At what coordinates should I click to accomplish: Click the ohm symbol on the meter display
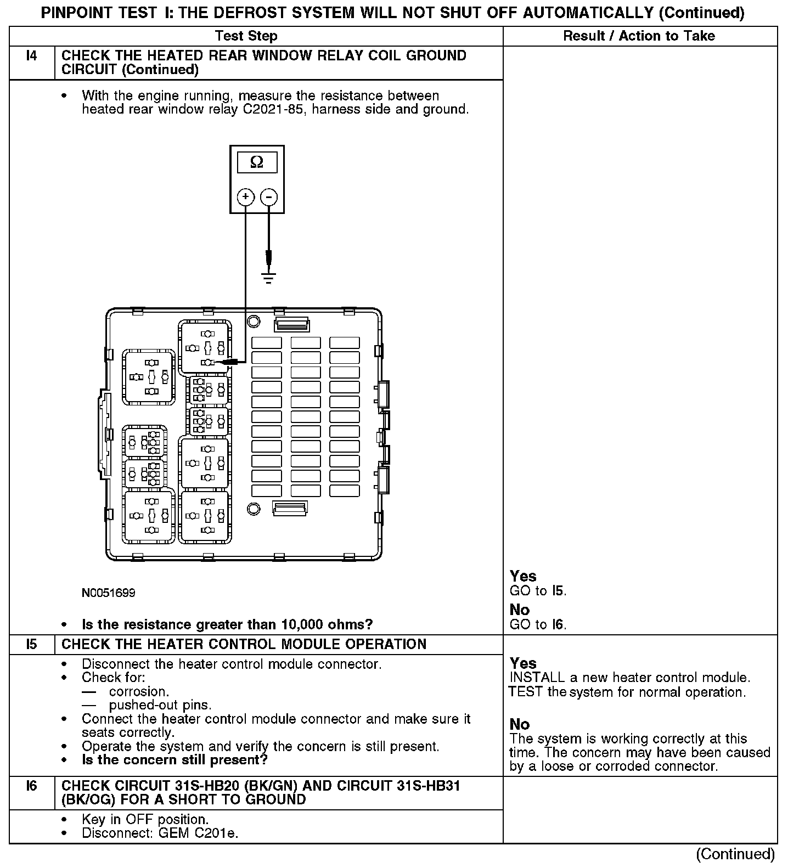(256, 162)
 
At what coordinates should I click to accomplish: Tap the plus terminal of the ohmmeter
(245, 197)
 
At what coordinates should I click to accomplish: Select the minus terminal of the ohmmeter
(268, 197)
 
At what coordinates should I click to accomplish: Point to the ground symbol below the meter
(268, 278)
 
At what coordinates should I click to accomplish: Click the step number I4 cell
(32, 56)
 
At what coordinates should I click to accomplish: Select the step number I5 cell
(32, 644)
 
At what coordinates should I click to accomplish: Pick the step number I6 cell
(32, 786)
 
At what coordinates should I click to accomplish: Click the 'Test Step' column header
(246, 36)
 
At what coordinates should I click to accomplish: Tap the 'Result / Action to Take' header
(639, 36)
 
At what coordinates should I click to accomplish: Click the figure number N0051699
(109, 593)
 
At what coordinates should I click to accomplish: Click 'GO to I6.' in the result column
(538, 624)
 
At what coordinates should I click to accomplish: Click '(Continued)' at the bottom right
(735, 854)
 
